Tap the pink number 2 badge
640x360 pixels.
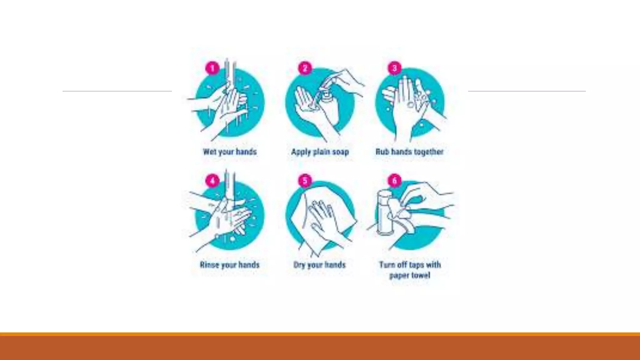coord(305,68)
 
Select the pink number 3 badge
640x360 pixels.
coord(394,68)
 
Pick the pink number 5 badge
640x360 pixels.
coord(305,181)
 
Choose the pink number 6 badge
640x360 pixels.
coord(394,181)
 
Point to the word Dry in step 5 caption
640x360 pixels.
coord(299,265)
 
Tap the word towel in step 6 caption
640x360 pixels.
coord(420,275)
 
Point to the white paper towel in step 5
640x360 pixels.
coord(322,219)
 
